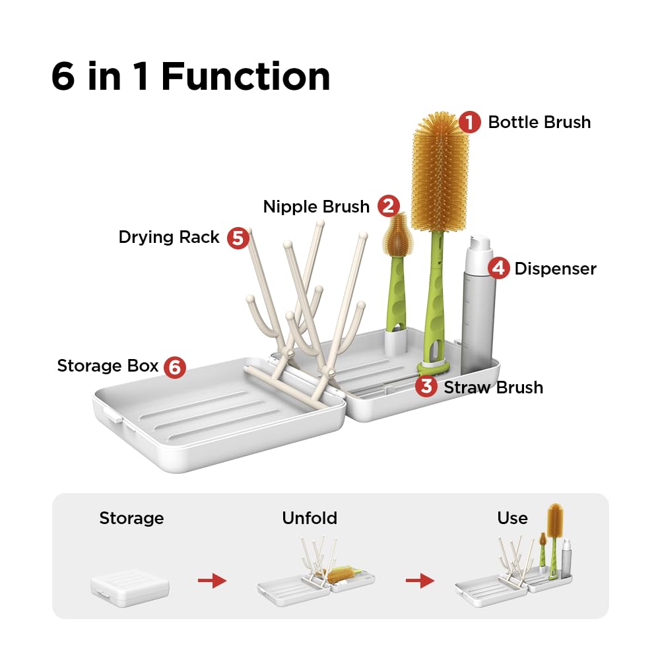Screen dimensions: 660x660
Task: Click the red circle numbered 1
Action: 469,122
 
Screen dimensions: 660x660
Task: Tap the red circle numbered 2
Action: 389,207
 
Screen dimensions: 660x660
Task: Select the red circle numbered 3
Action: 426,387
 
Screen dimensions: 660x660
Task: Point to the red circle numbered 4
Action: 499,268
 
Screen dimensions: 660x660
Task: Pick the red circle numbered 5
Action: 238,238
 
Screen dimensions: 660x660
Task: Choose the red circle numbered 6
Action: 175,366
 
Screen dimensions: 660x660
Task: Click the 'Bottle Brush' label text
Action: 539,122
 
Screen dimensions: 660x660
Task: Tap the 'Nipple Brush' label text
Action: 316,207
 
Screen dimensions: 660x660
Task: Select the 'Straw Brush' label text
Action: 493,387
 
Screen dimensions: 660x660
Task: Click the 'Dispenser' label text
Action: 555,269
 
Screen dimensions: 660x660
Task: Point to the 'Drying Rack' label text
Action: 169,238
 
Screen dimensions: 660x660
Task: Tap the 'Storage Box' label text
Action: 108,366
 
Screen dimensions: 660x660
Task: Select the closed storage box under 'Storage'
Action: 130,583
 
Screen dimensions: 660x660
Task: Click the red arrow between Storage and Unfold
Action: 212,581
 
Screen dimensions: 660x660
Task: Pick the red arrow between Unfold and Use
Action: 420,581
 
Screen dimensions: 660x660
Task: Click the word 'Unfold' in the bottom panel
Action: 310,518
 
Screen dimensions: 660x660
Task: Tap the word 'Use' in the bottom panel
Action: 512,518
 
